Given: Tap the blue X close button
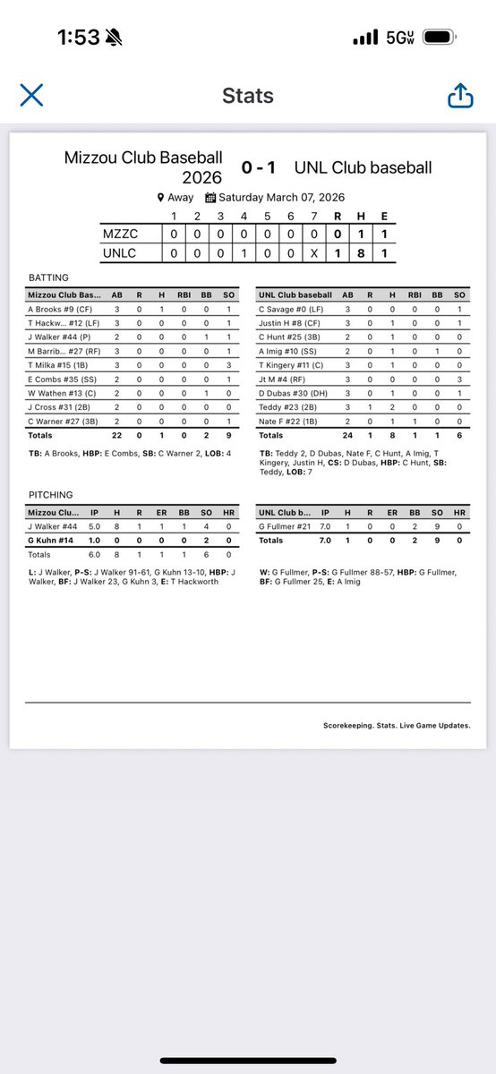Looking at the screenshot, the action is tap(31, 95).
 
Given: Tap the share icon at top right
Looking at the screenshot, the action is tap(460, 95).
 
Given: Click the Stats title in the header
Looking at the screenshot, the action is tap(248, 96).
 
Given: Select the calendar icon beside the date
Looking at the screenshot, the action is tap(210, 198).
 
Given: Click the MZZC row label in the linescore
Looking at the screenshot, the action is tap(120, 234).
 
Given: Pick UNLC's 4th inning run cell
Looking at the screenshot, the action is tap(244, 254).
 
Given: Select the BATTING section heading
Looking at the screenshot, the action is tap(48, 278).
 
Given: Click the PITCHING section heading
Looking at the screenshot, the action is tap(50, 495).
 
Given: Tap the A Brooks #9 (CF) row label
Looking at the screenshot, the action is tap(56, 309).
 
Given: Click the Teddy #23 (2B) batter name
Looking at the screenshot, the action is tap(284, 407).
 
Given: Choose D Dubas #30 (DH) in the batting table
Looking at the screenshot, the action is tap(292, 393).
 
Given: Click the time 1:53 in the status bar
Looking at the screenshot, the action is tap(78, 38).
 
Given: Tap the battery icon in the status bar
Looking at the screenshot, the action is tap(440, 38).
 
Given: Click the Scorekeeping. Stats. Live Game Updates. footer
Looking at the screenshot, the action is tap(397, 726).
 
